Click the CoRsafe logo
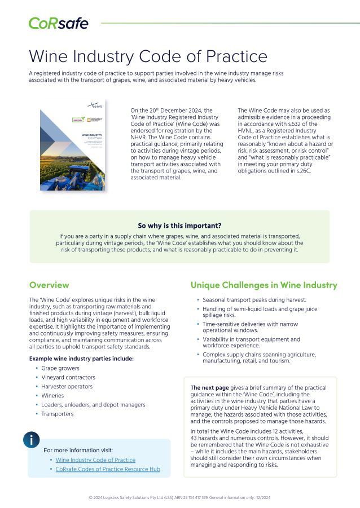[58, 23]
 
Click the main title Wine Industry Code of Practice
[147, 56]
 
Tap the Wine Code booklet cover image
[72, 142]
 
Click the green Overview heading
[49, 285]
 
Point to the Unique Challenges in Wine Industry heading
[264, 285]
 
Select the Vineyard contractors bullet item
[68, 377]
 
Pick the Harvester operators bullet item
[67, 386]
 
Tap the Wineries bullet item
[53, 395]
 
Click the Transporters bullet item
[57, 414]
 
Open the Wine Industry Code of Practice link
[95, 460]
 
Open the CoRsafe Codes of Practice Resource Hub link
[108, 469]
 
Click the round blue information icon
[32, 440]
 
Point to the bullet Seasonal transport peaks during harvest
[254, 300]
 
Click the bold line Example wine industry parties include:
[81, 359]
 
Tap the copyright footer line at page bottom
[179, 498]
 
